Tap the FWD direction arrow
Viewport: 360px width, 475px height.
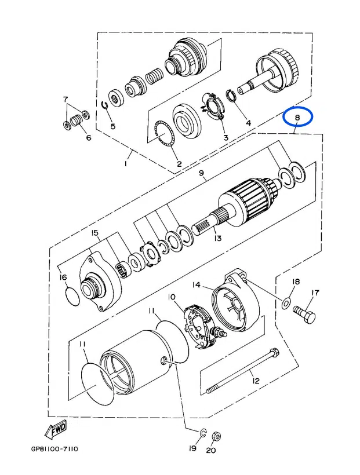click(56, 431)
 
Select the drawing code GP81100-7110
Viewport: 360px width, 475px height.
click(54, 450)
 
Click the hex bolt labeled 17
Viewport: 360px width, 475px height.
click(306, 316)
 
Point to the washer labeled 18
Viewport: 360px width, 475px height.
click(287, 303)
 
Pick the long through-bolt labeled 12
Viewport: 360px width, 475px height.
click(241, 371)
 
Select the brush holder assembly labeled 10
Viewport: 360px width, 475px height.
click(200, 327)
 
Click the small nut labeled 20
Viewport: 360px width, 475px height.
click(215, 436)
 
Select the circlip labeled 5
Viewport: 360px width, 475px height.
click(106, 105)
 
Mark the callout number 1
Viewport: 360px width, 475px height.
click(125, 164)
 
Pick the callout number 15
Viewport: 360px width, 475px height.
click(95, 233)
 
